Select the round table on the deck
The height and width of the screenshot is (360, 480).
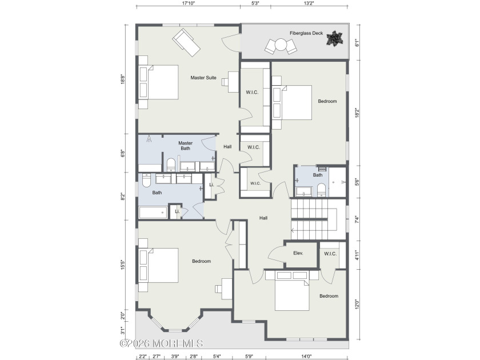point(281,45)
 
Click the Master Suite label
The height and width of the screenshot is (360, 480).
point(203,78)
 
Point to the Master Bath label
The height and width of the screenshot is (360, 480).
point(185,146)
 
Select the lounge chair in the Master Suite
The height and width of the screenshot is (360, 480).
point(187,41)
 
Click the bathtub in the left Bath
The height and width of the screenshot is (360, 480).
point(155,213)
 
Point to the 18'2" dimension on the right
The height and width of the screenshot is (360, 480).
point(358,113)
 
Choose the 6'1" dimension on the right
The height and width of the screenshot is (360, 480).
point(358,42)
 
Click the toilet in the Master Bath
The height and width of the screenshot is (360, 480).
point(171,166)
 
